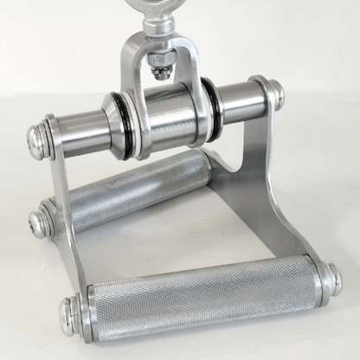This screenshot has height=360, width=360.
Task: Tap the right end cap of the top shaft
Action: point(272,91)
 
